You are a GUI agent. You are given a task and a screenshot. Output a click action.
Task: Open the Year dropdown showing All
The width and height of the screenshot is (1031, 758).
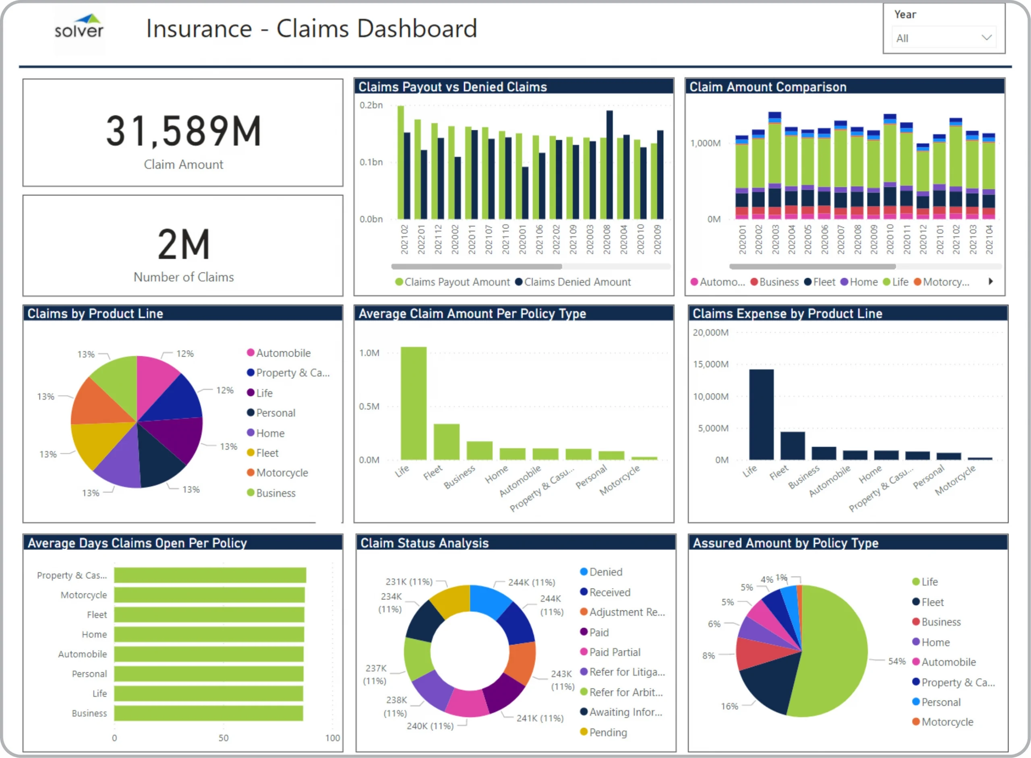[944, 38]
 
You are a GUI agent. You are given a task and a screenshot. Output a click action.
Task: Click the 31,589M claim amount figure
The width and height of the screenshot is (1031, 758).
[184, 132]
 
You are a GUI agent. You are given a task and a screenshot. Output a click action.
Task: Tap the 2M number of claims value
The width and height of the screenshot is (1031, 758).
[184, 245]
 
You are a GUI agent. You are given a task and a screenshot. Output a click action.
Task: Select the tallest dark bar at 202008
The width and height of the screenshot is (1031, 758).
[609, 165]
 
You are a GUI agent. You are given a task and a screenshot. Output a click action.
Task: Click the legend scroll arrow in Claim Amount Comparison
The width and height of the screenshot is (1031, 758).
[991, 281]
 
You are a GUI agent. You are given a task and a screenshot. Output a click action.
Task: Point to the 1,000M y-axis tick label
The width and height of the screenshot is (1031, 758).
[705, 143]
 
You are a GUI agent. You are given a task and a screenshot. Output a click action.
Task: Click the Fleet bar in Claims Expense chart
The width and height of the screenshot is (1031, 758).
[792, 445]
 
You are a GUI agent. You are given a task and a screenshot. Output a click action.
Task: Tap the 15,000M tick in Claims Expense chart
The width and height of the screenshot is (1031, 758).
[710, 364]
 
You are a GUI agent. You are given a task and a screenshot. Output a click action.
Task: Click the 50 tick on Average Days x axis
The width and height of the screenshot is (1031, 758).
[223, 738]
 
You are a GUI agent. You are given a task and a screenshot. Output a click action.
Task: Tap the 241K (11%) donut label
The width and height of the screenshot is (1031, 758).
[540, 718]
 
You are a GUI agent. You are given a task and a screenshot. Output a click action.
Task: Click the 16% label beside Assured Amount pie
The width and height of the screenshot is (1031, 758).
[729, 706]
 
